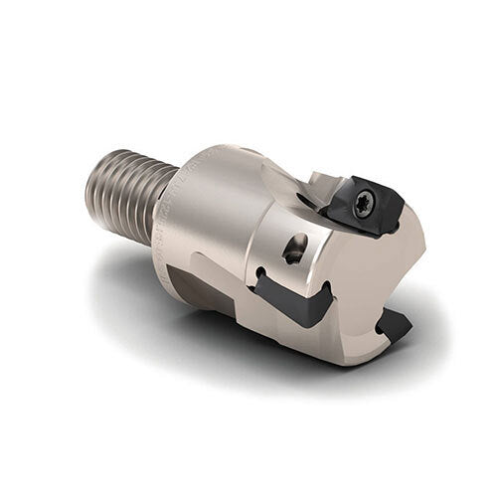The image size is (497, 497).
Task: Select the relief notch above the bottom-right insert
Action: pos(383,303)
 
